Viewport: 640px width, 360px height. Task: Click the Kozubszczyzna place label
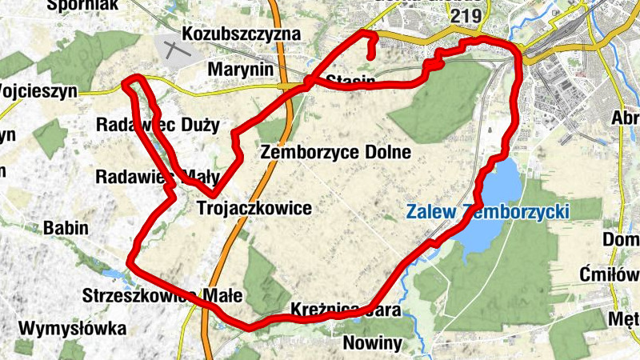241,34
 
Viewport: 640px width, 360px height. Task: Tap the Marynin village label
240,70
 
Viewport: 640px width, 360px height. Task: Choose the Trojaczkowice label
254,209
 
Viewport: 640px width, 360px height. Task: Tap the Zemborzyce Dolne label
335,152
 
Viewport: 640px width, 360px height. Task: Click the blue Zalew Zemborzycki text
487,212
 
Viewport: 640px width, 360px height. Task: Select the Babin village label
66,228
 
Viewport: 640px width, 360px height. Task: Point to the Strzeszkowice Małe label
162,295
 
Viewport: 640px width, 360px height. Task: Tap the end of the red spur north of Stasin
370,58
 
